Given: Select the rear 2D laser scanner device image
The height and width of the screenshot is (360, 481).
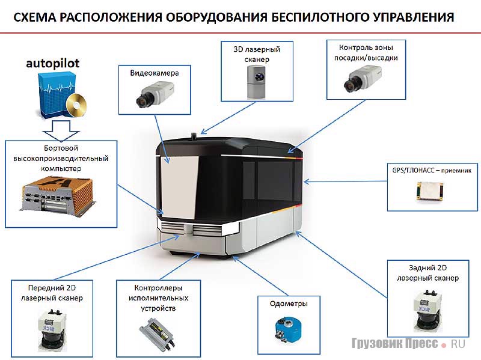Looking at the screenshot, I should (x=428, y=310).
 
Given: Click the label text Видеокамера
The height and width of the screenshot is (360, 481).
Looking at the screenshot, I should (x=155, y=73).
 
